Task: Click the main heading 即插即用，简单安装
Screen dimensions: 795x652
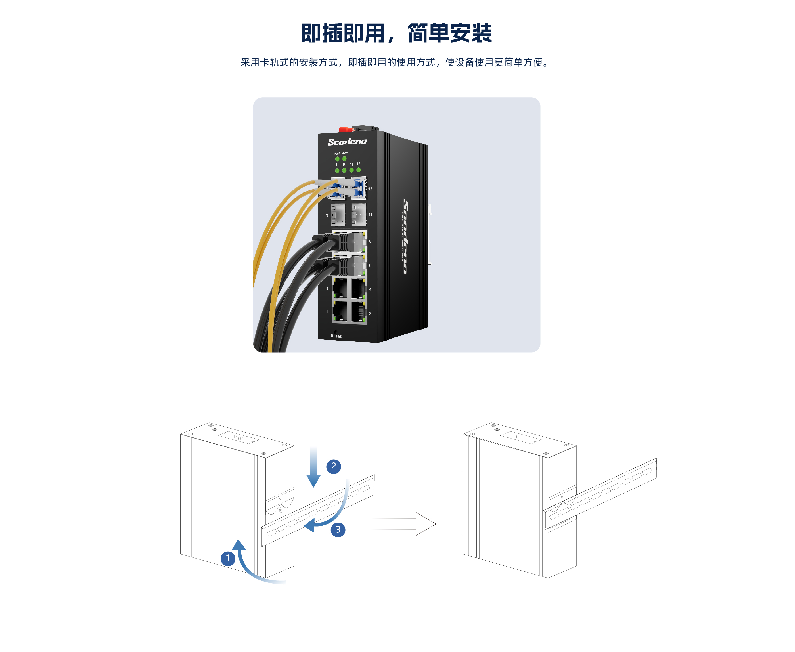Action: (396, 33)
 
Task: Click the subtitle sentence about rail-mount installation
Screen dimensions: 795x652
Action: (396, 62)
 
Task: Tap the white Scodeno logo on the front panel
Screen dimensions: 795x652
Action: (347, 142)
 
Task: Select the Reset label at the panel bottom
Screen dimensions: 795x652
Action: (336, 336)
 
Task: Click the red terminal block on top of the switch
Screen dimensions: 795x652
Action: (346, 129)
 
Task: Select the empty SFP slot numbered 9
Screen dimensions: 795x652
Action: (338, 215)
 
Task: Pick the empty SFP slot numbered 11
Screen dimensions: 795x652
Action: (359, 215)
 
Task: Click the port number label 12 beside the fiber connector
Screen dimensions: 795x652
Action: (370, 189)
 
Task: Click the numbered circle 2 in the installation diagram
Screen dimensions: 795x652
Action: (334, 466)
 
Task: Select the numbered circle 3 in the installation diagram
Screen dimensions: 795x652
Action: (338, 530)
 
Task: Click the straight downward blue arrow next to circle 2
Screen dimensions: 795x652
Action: (313, 467)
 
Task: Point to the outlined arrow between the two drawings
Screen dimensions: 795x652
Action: (405, 524)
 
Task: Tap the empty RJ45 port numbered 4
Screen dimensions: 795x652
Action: (359, 288)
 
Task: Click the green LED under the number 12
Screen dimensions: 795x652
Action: (358, 170)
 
